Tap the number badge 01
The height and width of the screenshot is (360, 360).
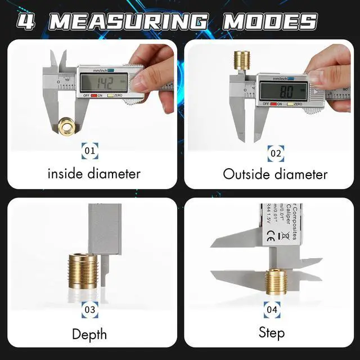click(x=89, y=151)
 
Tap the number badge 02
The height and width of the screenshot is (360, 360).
click(x=276, y=152)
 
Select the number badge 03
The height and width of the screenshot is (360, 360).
click(x=89, y=309)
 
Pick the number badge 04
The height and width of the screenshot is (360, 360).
click(x=272, y=309)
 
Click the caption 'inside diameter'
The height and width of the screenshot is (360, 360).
click(x=93, y=173)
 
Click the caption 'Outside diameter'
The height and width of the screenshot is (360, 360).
click(x=275, y=174)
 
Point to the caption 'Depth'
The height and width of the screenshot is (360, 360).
click(x=89, y=334)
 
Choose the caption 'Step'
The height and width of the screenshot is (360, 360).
click(x=272, y=332)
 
